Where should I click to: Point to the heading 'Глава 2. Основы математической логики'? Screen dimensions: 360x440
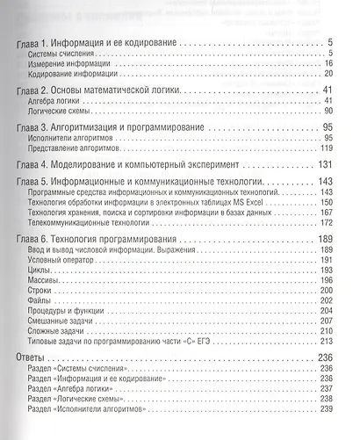(x=100, y=90)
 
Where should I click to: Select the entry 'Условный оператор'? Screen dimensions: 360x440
(x=62, y=260)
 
